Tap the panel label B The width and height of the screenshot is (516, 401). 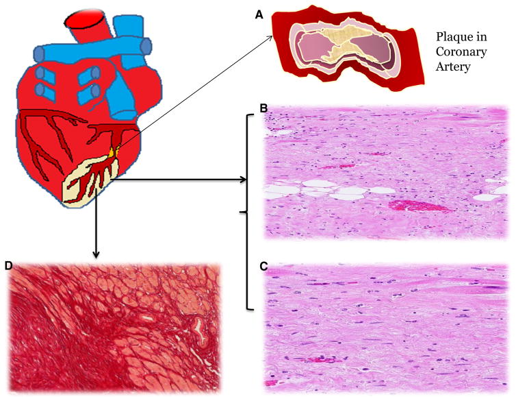click(262, 108)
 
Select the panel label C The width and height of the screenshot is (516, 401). click(262, 267)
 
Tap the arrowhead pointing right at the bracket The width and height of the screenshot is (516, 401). click(244, 181)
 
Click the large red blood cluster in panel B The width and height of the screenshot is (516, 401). click(415, 205)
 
